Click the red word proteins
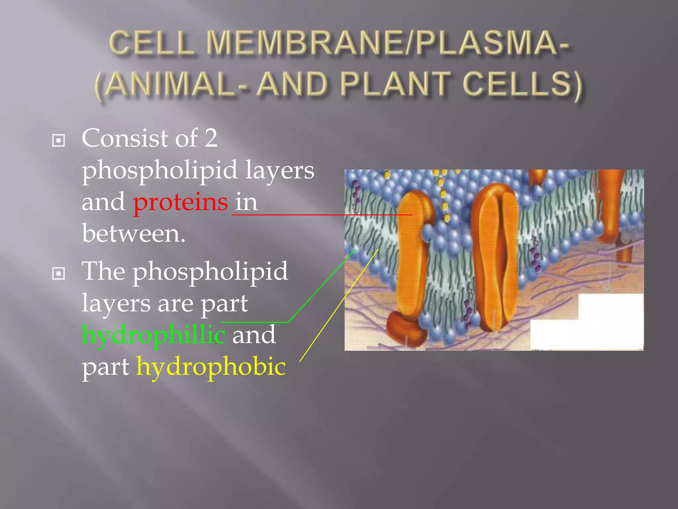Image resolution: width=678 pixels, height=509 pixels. pos(180,202)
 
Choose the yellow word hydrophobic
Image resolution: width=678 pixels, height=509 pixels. pos(211,367)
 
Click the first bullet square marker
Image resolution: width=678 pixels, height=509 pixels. pos(59,141)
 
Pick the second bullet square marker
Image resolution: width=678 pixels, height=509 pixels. pos(59,274)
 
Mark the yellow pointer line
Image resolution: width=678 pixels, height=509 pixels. pos(338,307)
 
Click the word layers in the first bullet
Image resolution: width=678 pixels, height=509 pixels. pos(280,170)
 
